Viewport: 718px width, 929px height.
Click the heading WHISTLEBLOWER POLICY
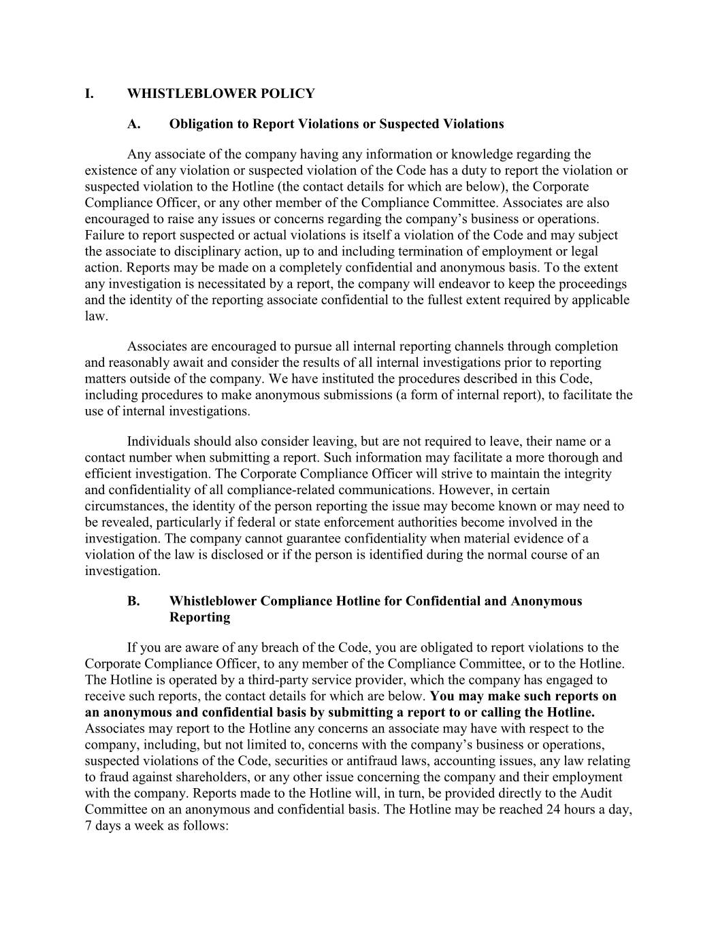[x=221, y=93]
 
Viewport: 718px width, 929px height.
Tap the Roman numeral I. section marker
[x=89, y=93]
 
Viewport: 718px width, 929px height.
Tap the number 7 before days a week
[x=88, y=826]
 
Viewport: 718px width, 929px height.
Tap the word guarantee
[x=285, y=538]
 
